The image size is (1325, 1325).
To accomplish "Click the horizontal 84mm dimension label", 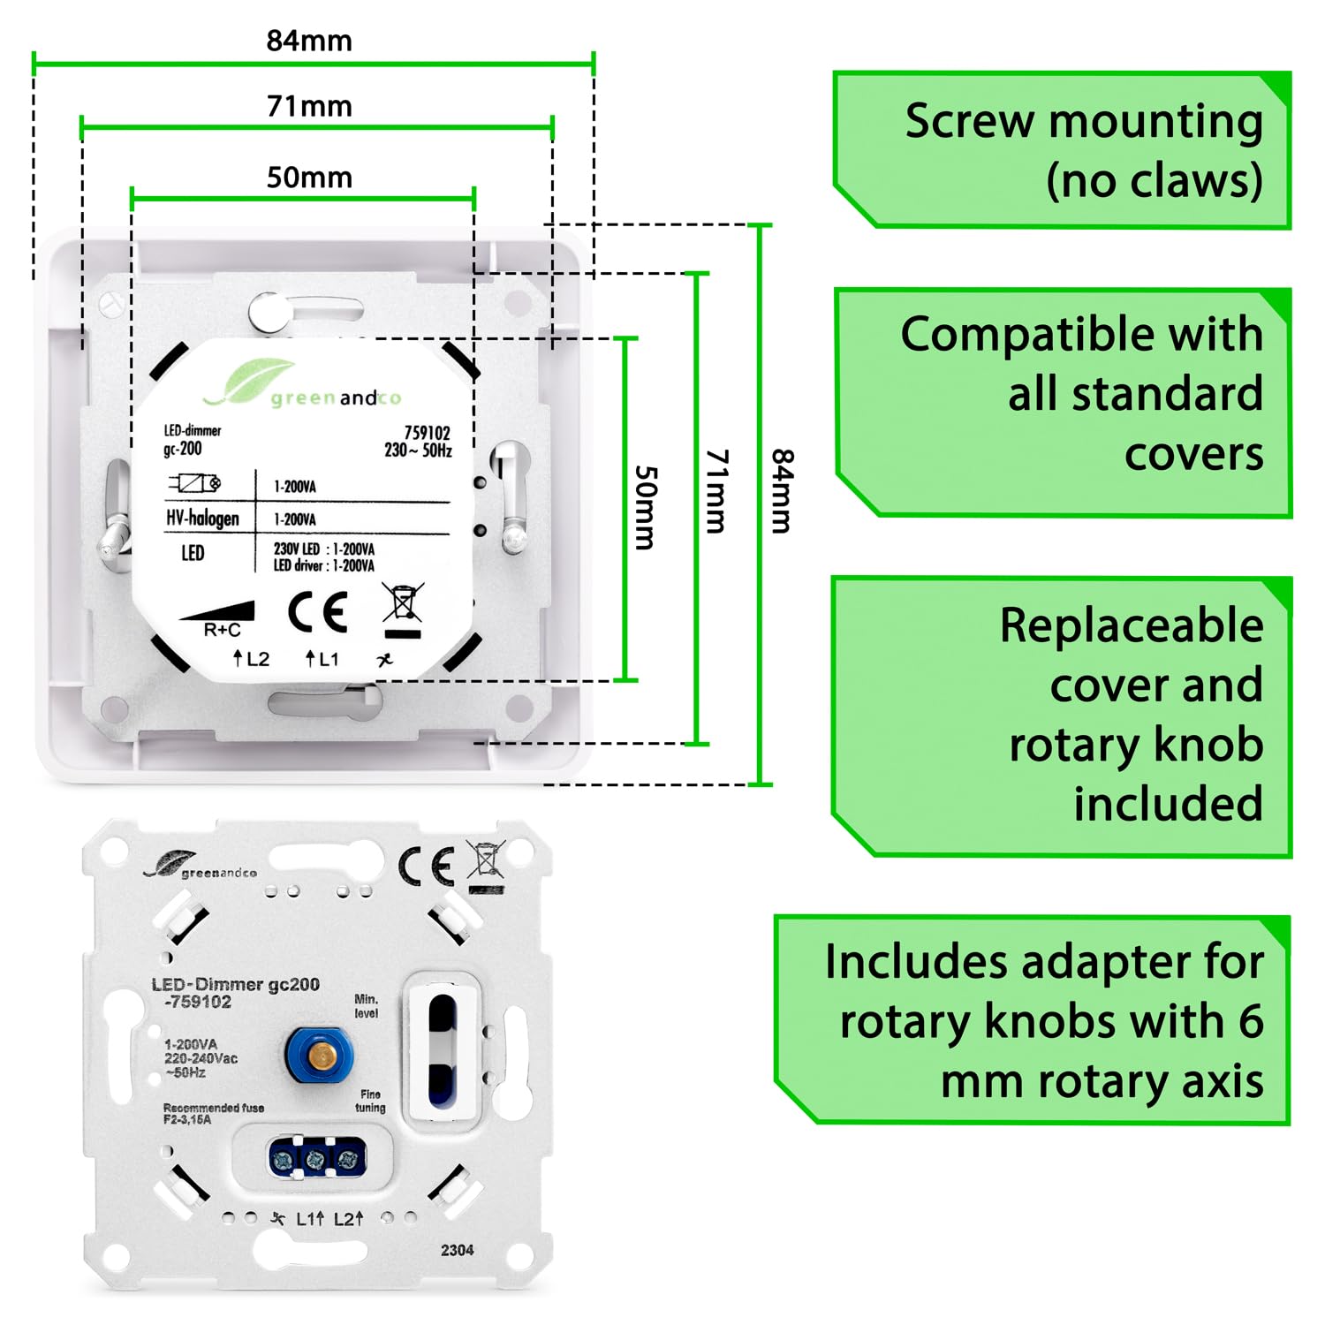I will (309, 41).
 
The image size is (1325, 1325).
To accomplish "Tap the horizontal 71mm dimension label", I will (309, 106).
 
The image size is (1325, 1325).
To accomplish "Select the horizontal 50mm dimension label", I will (309, 178).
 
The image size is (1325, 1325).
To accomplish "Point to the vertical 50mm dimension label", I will (646, 508).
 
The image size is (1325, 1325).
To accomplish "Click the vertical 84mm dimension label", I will (783, 491).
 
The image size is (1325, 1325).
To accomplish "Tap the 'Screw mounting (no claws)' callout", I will (1063, 150).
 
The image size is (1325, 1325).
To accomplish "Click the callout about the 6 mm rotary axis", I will (1033, 1020).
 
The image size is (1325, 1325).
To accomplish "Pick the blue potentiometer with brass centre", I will (319, 1054).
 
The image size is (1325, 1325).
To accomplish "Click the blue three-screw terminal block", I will (316, 1159).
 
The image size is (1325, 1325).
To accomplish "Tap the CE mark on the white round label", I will (318, 611).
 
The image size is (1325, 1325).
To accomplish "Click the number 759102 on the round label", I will (427, 433).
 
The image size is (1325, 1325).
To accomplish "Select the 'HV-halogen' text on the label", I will (202, 518).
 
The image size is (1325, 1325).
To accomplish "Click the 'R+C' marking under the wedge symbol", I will (222, 630).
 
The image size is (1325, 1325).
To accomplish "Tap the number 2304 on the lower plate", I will (457, 1250).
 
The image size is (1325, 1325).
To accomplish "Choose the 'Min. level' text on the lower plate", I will (367, 1006).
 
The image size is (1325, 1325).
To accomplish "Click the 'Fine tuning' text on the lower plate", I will (370, 1101).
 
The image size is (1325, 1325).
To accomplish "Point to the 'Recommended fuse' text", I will (213, 1108).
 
